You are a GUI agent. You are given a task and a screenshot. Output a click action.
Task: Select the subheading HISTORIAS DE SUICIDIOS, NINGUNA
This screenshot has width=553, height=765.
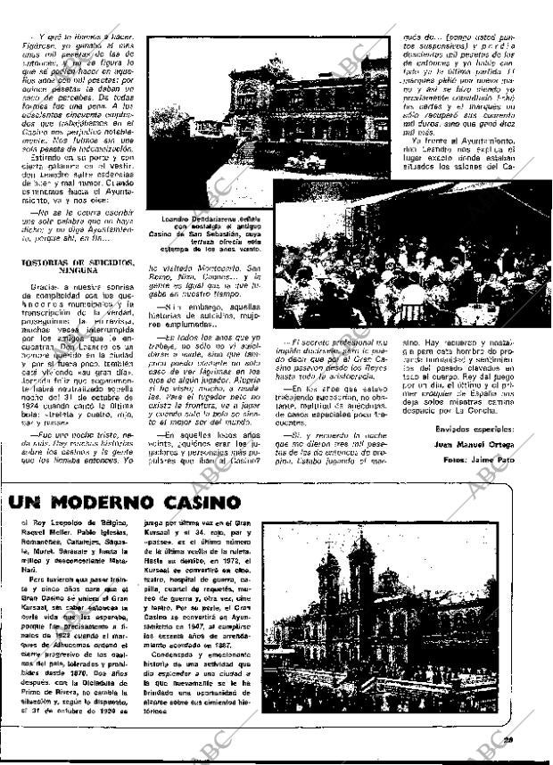78,267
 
